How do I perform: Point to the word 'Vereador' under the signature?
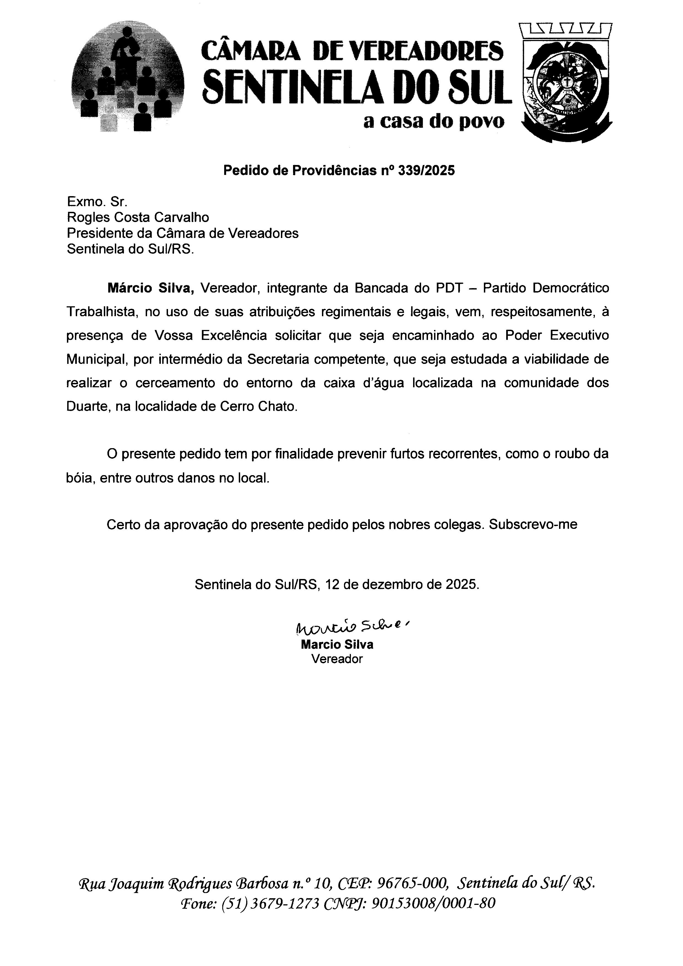(x=337, y=659)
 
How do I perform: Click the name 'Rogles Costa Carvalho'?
(x=138, y=218)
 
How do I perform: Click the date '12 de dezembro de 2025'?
(x=402, y=585)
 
